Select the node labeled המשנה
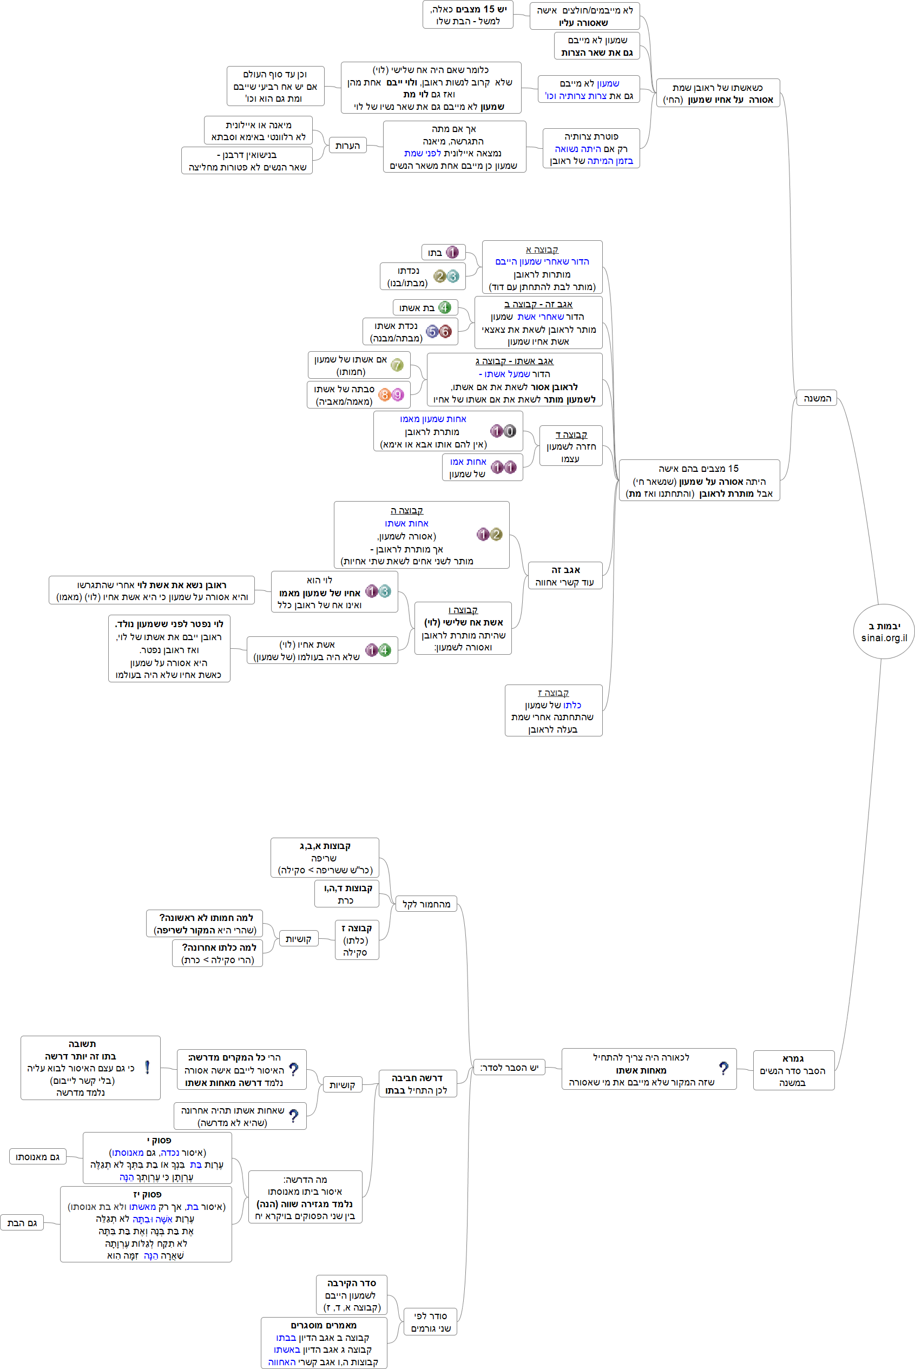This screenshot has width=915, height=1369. click(x=817, y=399)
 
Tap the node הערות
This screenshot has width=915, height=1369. click(x=347, y=146)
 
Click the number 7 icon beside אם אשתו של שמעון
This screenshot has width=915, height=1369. click(x=397, y=365)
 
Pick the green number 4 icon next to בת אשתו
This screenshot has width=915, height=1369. click(x=445, y=307)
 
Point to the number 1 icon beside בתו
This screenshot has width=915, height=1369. click(x=452, y=252)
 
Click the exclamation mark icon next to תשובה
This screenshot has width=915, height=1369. click(x=147, y=1067)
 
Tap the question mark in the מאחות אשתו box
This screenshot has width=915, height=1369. click(x=723, y=1069)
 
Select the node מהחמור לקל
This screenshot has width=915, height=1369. click(x=426, y=904)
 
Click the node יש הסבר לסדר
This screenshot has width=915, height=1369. click(x=509, y=1067)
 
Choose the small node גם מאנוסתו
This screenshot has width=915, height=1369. click(x=38, y=1156)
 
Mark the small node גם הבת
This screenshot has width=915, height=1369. click(x=22, y=1222)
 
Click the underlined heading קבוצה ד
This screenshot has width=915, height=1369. click(x=571, y=434)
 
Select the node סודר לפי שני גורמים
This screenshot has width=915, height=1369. click(x=431, y=1322)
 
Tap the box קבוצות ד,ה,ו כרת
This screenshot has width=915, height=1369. click(x=347, y=894)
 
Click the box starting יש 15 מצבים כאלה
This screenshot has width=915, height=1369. click(x=468, y=15)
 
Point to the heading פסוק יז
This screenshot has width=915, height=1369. click(x=147, y=1195)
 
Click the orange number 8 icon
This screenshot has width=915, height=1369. click(x=384, y=394)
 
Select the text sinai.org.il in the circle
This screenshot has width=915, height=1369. click(x=884, y=638)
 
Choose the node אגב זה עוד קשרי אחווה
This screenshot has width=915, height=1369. click(x=564, y=576)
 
